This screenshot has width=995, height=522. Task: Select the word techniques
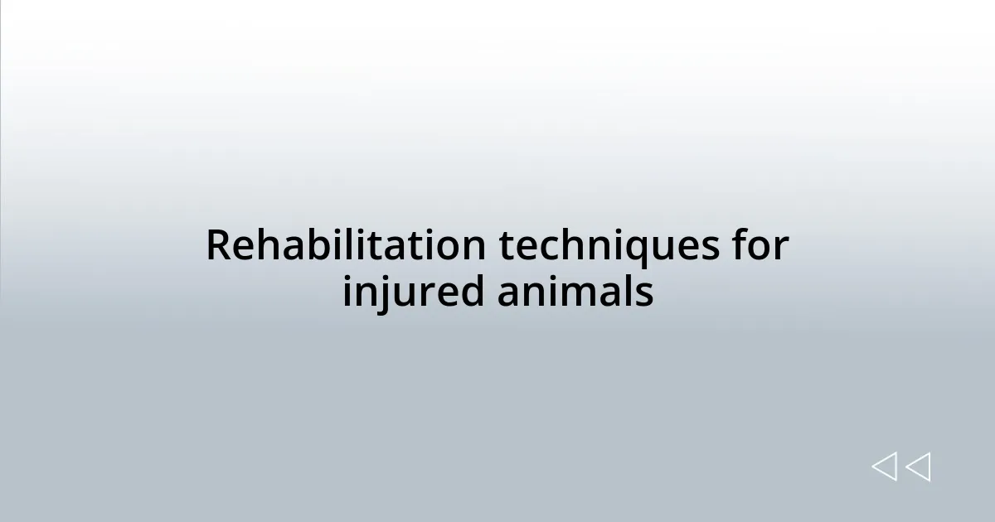click(x=609, y=246)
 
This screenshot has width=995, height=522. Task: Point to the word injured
click(x=414, y=292)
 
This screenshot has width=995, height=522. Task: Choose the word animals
click(x=575, y=292)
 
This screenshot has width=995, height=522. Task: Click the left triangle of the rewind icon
click(x=884, y=466)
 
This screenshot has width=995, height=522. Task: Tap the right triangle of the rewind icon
click(x=918, y=466)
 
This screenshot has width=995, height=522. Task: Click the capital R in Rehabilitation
click(x=216, y=246)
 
